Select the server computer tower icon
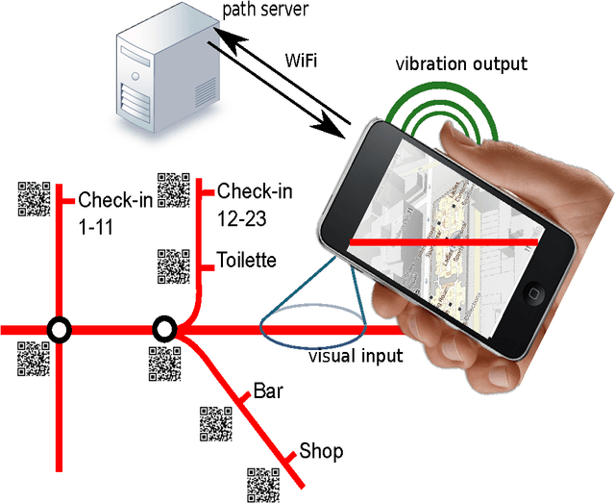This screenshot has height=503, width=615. [154, 72]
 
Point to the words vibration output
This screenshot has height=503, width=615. [461, 64]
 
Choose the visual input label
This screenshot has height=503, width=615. [355, 356]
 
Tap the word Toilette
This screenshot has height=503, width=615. [247, 260]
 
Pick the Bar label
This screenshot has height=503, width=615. [266, 392]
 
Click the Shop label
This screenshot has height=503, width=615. [321, 451]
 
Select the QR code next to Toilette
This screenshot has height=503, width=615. [173, 266]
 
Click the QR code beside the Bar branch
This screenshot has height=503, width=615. [215, 424]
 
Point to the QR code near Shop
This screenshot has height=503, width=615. [263, 483]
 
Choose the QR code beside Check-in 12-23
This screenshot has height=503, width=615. [173, 189]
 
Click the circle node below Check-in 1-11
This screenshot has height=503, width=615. [60, 331]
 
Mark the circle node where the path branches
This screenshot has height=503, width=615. [164, 331]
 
